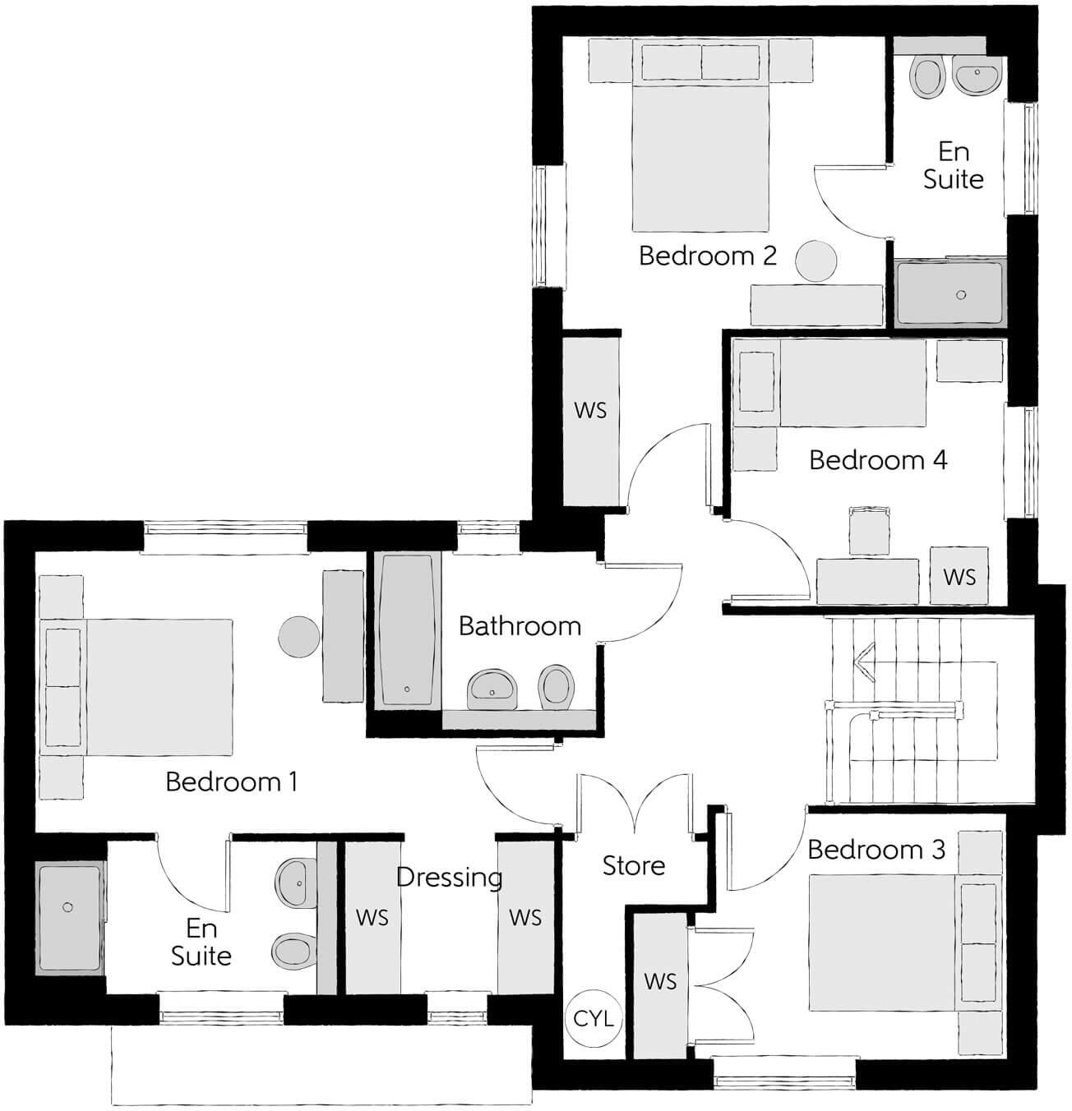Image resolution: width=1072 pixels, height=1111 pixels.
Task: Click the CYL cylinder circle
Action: point(593,1019)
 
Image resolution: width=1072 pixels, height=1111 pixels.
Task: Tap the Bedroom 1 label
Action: point(231,781)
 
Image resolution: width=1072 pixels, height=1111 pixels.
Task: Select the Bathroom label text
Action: point(520,626)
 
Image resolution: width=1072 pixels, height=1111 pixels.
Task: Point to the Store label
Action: point(633,865)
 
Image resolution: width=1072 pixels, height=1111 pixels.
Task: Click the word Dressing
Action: point(449,878)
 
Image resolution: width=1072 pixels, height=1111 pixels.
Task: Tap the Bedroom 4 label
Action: point(878,460)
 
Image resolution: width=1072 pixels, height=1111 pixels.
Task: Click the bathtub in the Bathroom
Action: point(408,629)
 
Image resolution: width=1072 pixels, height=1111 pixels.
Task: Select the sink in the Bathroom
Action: point(492,689)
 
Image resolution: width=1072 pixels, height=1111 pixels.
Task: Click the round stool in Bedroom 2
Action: point(817,261)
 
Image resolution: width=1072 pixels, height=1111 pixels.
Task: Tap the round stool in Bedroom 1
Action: point(299,637)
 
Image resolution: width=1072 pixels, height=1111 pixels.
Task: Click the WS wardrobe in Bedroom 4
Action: point(959,577)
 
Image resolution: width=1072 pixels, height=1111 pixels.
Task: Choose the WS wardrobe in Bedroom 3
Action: point(660,981)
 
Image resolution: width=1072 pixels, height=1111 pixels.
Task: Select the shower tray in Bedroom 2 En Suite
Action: point(950,293)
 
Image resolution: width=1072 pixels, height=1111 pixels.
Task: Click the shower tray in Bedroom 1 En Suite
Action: point(69,917)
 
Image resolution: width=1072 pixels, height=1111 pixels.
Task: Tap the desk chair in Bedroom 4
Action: point(870,531)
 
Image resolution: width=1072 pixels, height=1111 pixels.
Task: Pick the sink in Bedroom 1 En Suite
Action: point(295,883)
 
